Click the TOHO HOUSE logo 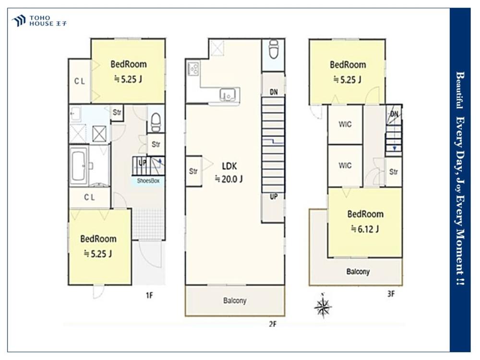(39, 21)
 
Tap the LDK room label (229, 166)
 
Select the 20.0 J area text (228, 179)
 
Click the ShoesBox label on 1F (148, 180)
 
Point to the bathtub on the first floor (79, 165)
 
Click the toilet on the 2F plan (274, 49)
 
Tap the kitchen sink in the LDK (228, 94)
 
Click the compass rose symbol (323, 306)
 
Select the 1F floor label (149, 295)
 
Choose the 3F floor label (391, 294)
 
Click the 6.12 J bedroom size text (365, 228)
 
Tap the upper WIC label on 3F (345, 124)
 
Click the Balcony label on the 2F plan (235, 300)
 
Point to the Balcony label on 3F (358, 272)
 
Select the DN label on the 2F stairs (274, 92)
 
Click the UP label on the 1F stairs (143, 163)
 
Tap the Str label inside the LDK (193, 171)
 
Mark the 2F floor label (273, 324)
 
